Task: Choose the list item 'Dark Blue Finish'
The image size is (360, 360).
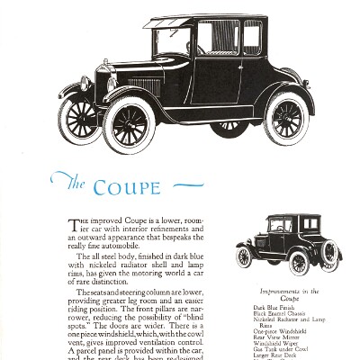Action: point(273,308)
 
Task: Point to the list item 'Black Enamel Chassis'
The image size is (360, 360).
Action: point(278,314)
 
